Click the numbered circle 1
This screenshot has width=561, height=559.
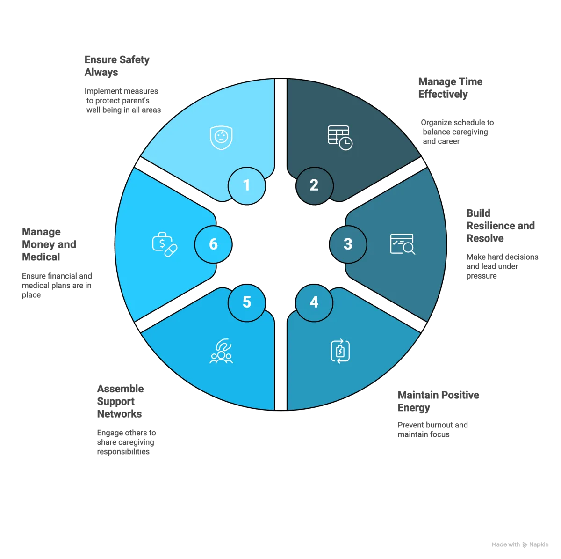click(x=246, y=186)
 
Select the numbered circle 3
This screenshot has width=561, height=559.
click(x=348, y=244)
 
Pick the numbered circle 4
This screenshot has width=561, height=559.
click(x=314, y=302)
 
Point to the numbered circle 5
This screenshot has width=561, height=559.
click(x=246, y=302)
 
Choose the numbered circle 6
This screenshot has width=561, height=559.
click(x=213, y=244)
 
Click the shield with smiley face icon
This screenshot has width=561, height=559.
click(x=221, y=137)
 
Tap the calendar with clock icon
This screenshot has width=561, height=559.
click(x=339, y=137)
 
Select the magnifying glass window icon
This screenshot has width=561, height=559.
click(x=403, y=244)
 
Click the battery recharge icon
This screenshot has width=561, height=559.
click(x=340, y=351)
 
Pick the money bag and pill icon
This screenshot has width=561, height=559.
click(x=165, y=244)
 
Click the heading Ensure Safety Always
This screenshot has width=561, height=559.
click(x=117, y=66)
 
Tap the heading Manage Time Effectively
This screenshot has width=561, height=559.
click(x=450, y=88)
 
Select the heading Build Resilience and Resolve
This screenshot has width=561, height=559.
click(x=500, y=225)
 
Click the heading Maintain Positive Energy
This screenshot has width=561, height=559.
click(x=438, y=401)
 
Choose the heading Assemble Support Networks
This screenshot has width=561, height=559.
click(x=120, y=401)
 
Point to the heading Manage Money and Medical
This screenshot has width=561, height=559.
click(x=49, y=244)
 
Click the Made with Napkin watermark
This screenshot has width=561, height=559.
click(x=520, y=544)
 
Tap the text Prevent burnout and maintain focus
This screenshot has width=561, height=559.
click(x=432, y=429)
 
